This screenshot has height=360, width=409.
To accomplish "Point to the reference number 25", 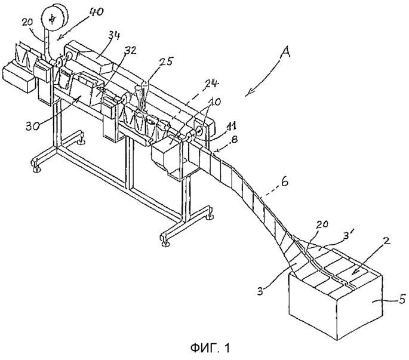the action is point(165,61).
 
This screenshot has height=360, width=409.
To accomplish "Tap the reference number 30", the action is point(33,125).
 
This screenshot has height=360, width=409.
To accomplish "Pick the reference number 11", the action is point(231,128).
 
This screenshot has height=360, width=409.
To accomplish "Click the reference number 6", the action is point(285,181).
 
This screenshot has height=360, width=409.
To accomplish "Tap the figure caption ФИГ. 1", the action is point(210,347).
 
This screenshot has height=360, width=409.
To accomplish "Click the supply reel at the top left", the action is point(54,17).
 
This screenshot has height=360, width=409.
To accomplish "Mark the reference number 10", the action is point(215,101).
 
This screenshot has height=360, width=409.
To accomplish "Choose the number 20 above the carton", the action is point(322,224).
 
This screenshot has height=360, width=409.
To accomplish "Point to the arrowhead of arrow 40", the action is point(58,39).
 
